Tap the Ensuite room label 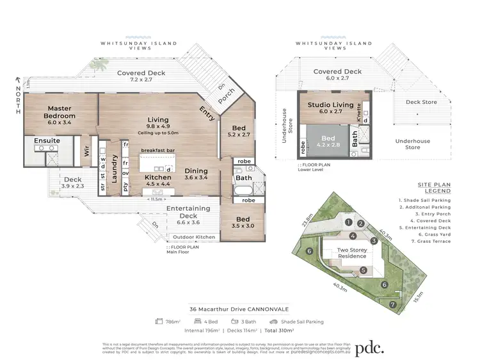coord(48,140)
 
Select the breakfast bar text coord(158,151)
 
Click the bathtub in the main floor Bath coord(243,192)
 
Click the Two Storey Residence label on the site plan coord(352,252)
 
